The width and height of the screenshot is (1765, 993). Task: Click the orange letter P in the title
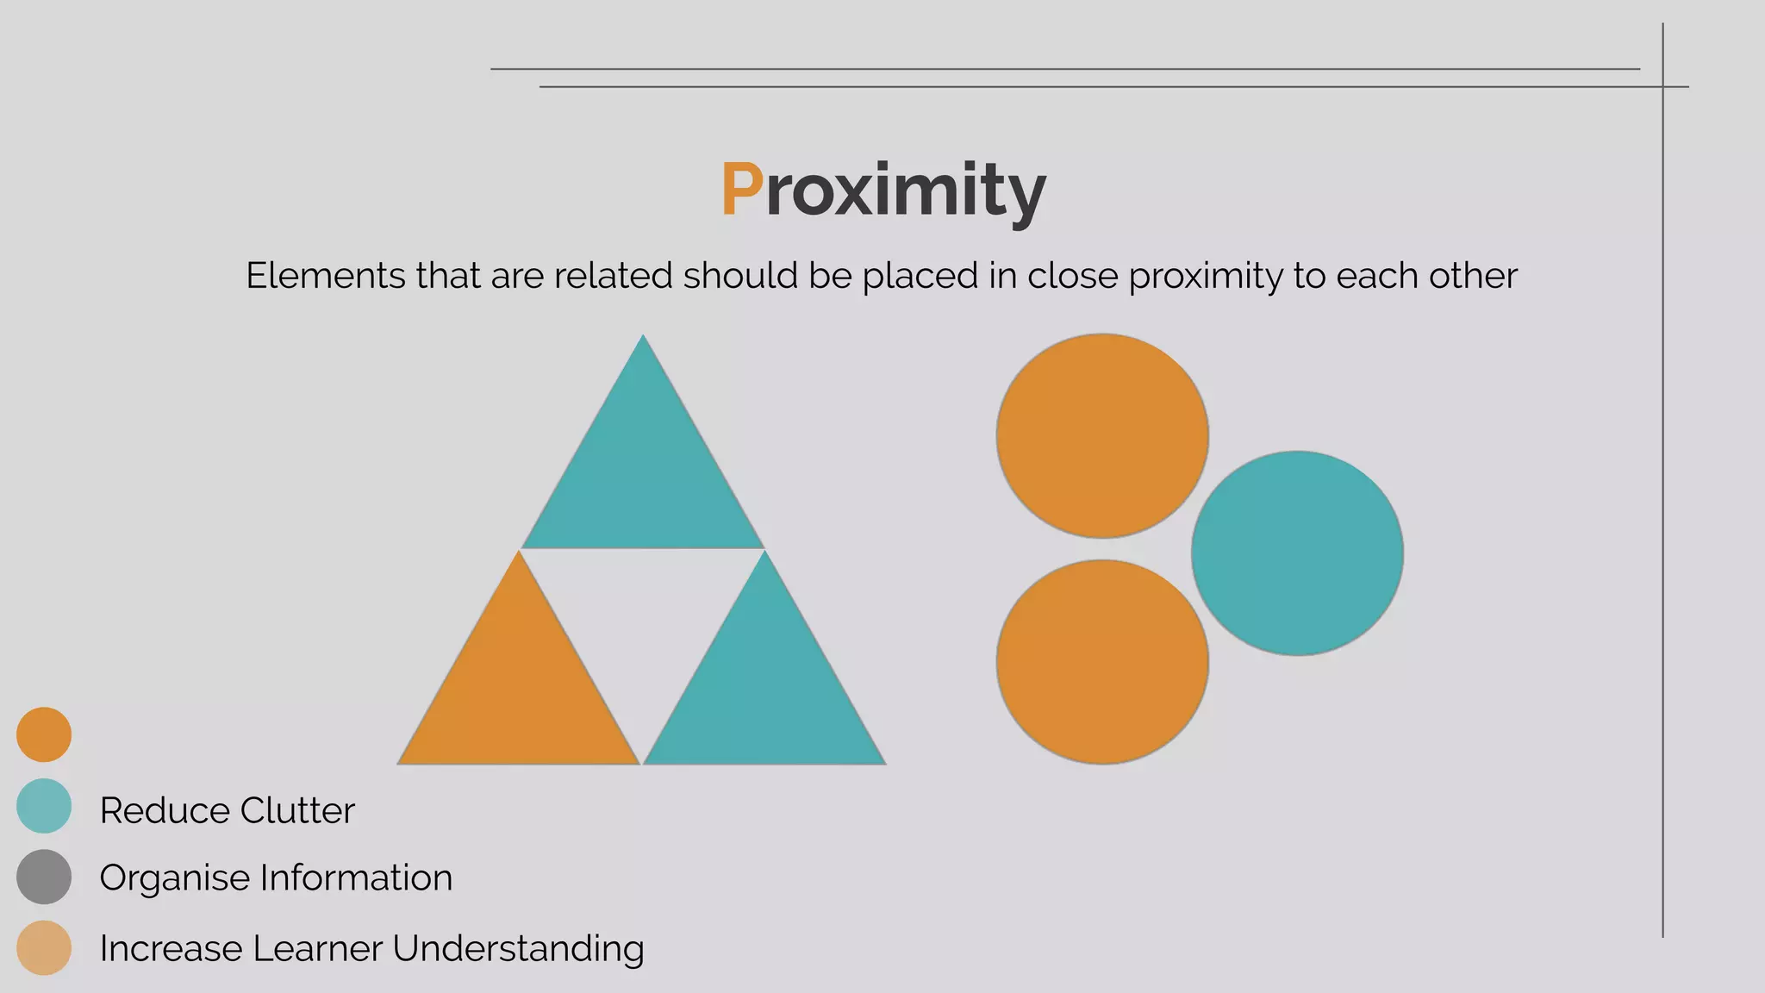[741, 189]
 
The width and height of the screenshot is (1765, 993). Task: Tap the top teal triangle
[643, 474]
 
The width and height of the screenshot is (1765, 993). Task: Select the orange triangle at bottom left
[518, 690]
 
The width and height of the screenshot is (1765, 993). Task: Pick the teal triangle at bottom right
[764, 690]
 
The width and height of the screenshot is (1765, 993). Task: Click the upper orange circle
[1102, 435]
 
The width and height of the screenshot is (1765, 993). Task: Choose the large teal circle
[1297, 553]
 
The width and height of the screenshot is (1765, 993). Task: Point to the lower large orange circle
[1102, 662]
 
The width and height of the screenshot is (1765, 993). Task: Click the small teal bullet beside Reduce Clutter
[44, 806]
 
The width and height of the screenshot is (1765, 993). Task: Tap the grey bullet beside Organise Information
[44, 877]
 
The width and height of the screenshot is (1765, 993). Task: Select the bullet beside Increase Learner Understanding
[44, 948]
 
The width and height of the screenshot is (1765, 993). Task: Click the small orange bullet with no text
[44, 734]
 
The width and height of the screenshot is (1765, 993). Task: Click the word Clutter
[297, 810]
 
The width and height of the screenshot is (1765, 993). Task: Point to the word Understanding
[518, 949]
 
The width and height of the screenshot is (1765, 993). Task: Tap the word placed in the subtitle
[920, 277]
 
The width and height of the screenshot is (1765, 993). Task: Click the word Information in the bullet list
[356, 877]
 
